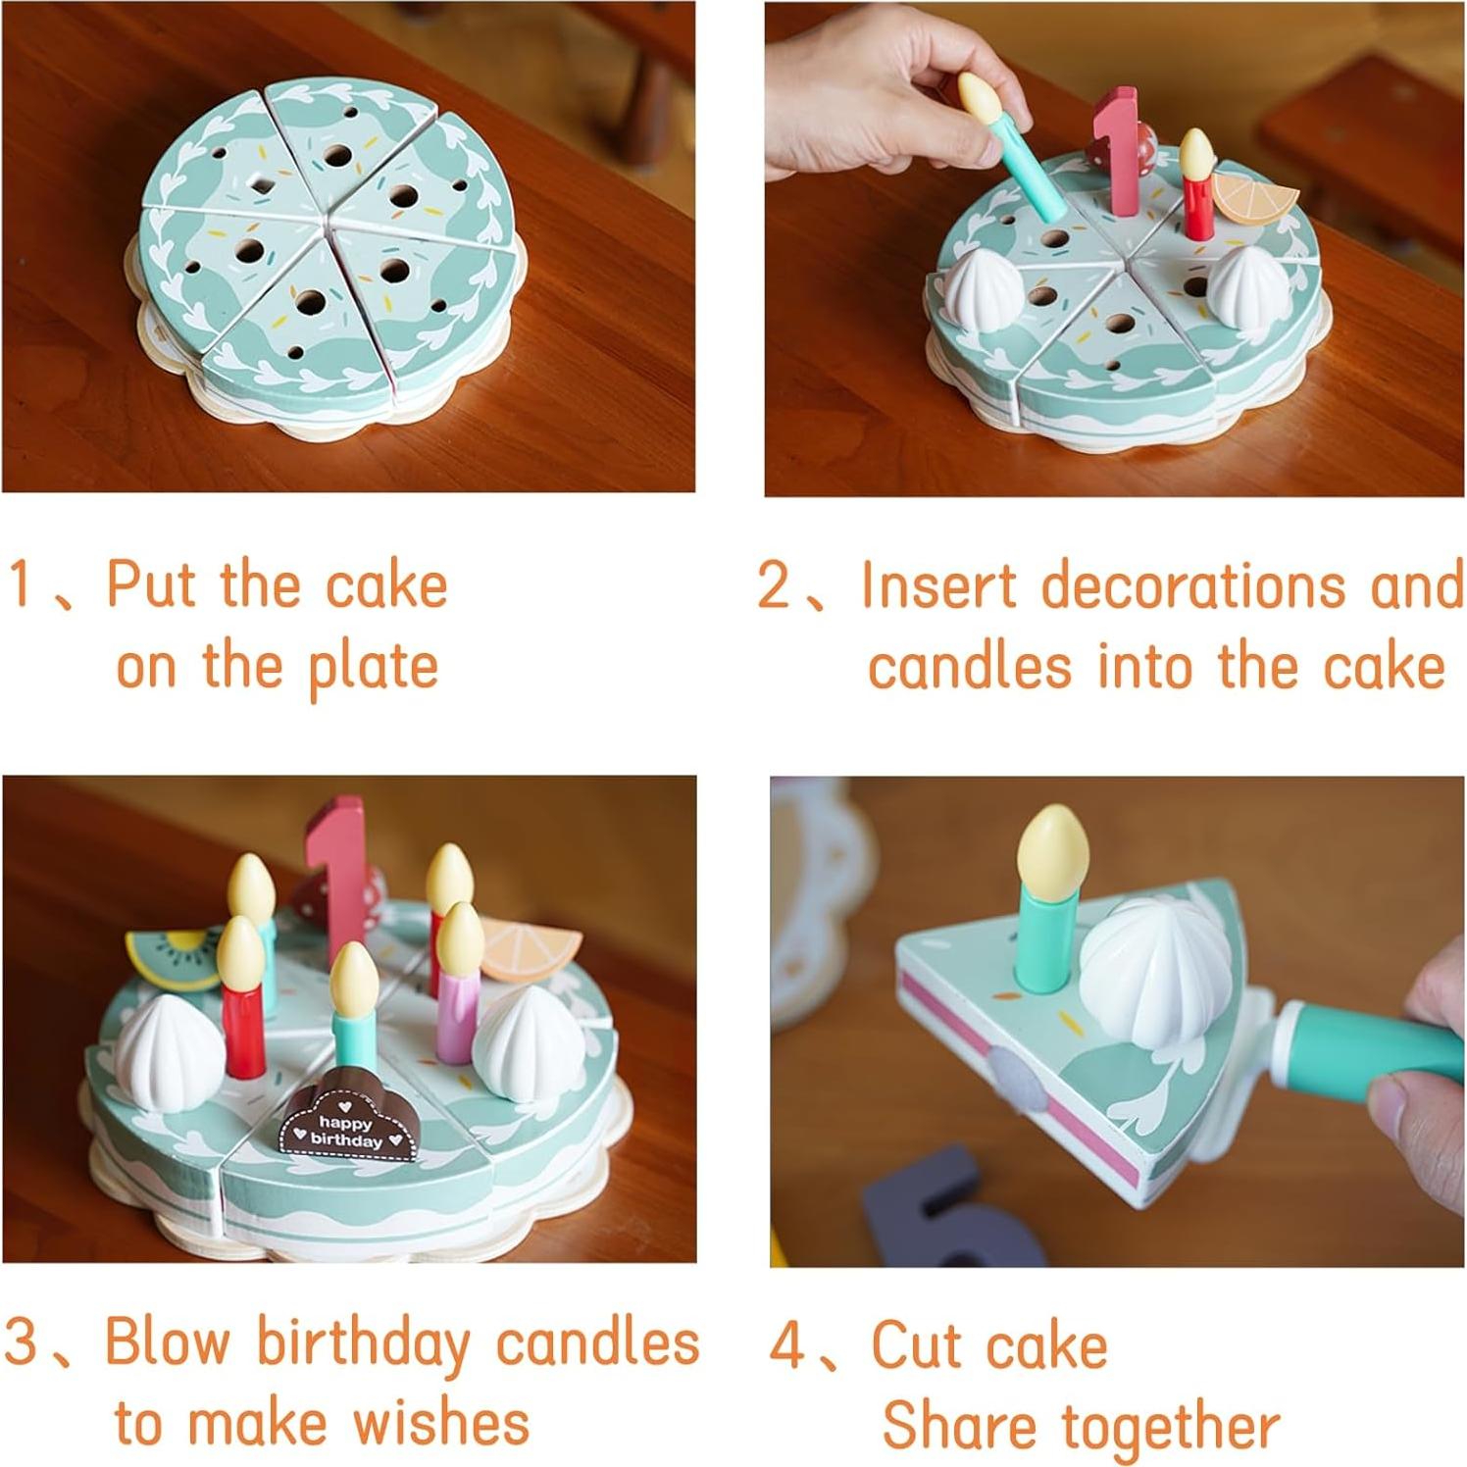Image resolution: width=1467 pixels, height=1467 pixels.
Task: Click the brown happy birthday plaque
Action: point(348,1122)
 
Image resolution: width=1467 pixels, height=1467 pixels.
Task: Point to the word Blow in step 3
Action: point(168,1341)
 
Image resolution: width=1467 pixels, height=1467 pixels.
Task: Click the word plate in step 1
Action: point(373,669)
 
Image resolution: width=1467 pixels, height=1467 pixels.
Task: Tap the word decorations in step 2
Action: point(1192,586)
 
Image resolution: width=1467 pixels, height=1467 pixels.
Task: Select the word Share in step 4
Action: point(959,1426)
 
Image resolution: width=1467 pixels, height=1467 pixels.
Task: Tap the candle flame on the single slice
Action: point(1052,845)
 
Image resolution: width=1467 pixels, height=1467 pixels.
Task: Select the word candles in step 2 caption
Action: point(969,669)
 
